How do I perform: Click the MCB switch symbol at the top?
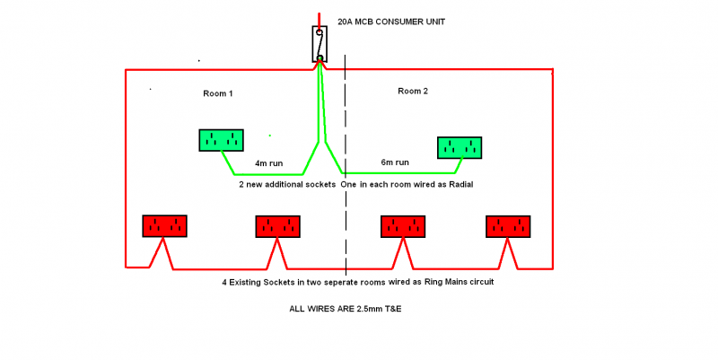pos(320,44)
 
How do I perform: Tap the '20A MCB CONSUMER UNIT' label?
pos(391,22)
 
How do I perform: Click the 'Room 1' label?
pos(218,93)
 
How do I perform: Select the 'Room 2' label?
pos(413,92)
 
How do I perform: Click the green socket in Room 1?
pos(221,140)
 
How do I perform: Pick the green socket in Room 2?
pos(460,147)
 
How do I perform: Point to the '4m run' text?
pos(268,163)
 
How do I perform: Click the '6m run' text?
pos(395,162)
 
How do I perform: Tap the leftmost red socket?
pos(164,226)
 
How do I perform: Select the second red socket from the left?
pos(278,227)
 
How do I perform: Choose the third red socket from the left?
pos(403,227)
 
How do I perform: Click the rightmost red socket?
pos(508,227)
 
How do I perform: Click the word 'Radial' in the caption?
pos(460,185)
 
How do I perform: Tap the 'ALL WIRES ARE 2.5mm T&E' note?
pos(346,309)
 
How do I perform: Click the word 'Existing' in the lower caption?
pos(245,282)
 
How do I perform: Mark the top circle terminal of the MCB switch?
pos(320,32)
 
